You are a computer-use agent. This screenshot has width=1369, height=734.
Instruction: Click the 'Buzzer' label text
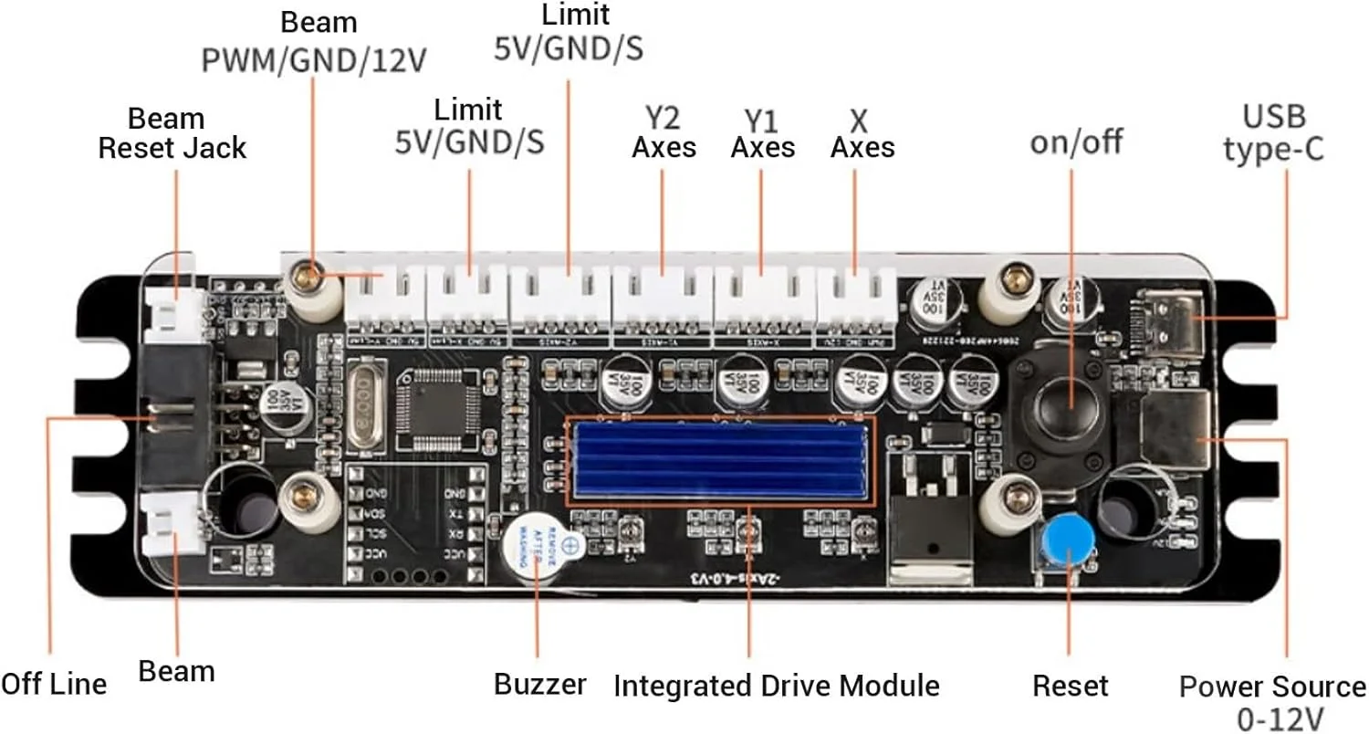pos(539,685)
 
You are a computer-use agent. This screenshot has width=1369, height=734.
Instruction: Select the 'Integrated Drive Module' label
pos(776,685)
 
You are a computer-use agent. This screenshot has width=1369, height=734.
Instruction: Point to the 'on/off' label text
pos(1076,142)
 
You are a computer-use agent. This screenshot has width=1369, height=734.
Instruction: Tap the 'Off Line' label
pos(53,684)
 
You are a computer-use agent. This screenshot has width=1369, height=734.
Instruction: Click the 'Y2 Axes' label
pos(664,133)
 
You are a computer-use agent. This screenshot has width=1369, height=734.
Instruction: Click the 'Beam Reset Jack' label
pos(172,133)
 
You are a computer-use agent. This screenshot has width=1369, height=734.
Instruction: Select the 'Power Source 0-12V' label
pos(1272,700)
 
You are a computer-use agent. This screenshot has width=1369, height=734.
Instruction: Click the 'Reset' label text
pos(1071,685)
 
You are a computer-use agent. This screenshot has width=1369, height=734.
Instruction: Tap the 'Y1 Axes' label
pos(763,133)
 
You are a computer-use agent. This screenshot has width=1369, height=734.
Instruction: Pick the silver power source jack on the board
pos(1177,426)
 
